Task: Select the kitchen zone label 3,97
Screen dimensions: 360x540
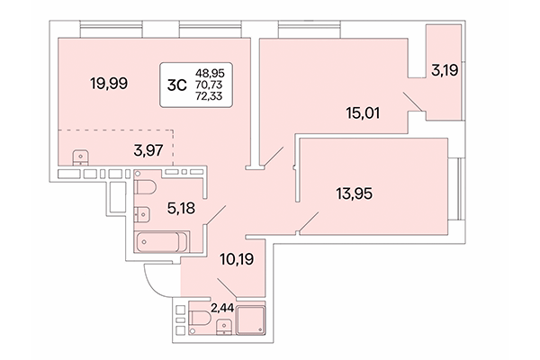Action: tap(148, 150)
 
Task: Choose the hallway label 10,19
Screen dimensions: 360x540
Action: tap(236, 264)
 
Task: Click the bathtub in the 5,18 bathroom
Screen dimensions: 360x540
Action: tap(161, 242)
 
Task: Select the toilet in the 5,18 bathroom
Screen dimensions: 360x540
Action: tap(147, 187)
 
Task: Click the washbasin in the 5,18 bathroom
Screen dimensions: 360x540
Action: tap(142, 214)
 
